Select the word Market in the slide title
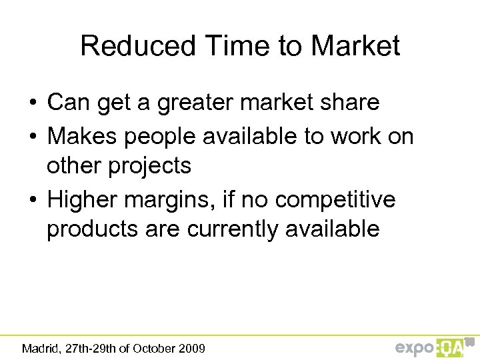[x=355, y=46]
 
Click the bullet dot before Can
[x=32, y=103]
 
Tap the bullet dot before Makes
[x=32, y=137]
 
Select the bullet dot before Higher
[x=32, y=199]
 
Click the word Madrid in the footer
[x=40, y=348]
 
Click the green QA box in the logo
[x=451, y=347]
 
